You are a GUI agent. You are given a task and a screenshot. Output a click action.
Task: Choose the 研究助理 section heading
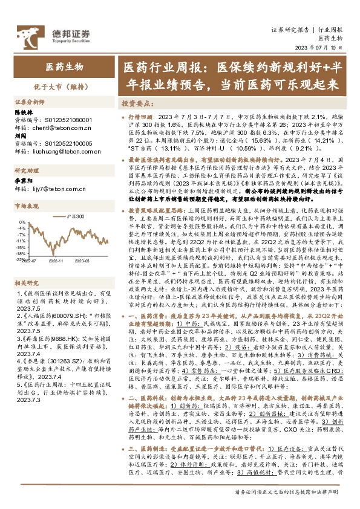point(27,171)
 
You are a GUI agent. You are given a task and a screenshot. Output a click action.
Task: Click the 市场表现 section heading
point(27,206)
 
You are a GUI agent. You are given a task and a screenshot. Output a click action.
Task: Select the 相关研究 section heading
point(27,264)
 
